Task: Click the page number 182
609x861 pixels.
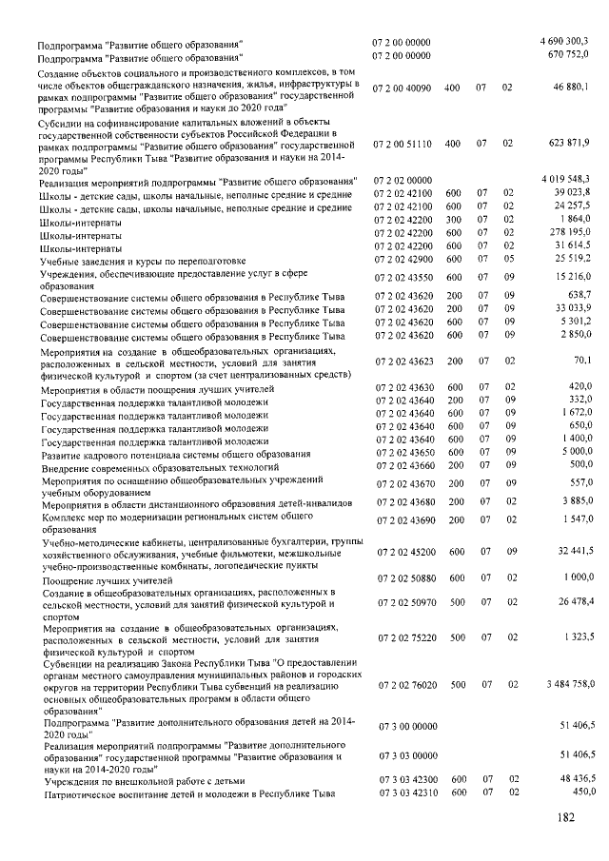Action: pos(568,817)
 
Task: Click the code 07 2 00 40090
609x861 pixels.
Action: pos(403,88)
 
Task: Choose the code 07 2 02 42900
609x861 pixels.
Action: pos(403,260)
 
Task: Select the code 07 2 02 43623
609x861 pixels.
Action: pos(403,362)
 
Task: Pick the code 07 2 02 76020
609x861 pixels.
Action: pos(403,685)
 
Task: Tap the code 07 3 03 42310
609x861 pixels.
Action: pos(403,793)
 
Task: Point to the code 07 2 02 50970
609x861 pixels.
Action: pos(403,604)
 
